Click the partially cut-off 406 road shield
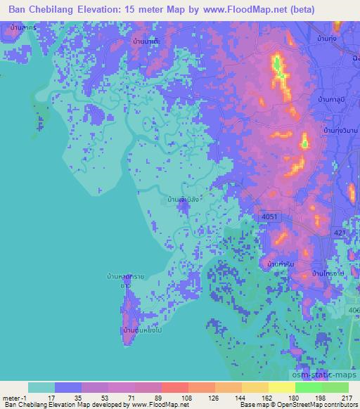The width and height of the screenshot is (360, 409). [353, 310]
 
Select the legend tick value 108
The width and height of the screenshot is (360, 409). [187, 397]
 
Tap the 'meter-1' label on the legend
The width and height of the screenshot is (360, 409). [15, 397]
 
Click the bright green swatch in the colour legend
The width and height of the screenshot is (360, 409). [308, 387]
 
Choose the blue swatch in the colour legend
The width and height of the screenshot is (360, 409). [68, 387]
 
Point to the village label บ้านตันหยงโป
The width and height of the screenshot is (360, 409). [139, 329]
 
